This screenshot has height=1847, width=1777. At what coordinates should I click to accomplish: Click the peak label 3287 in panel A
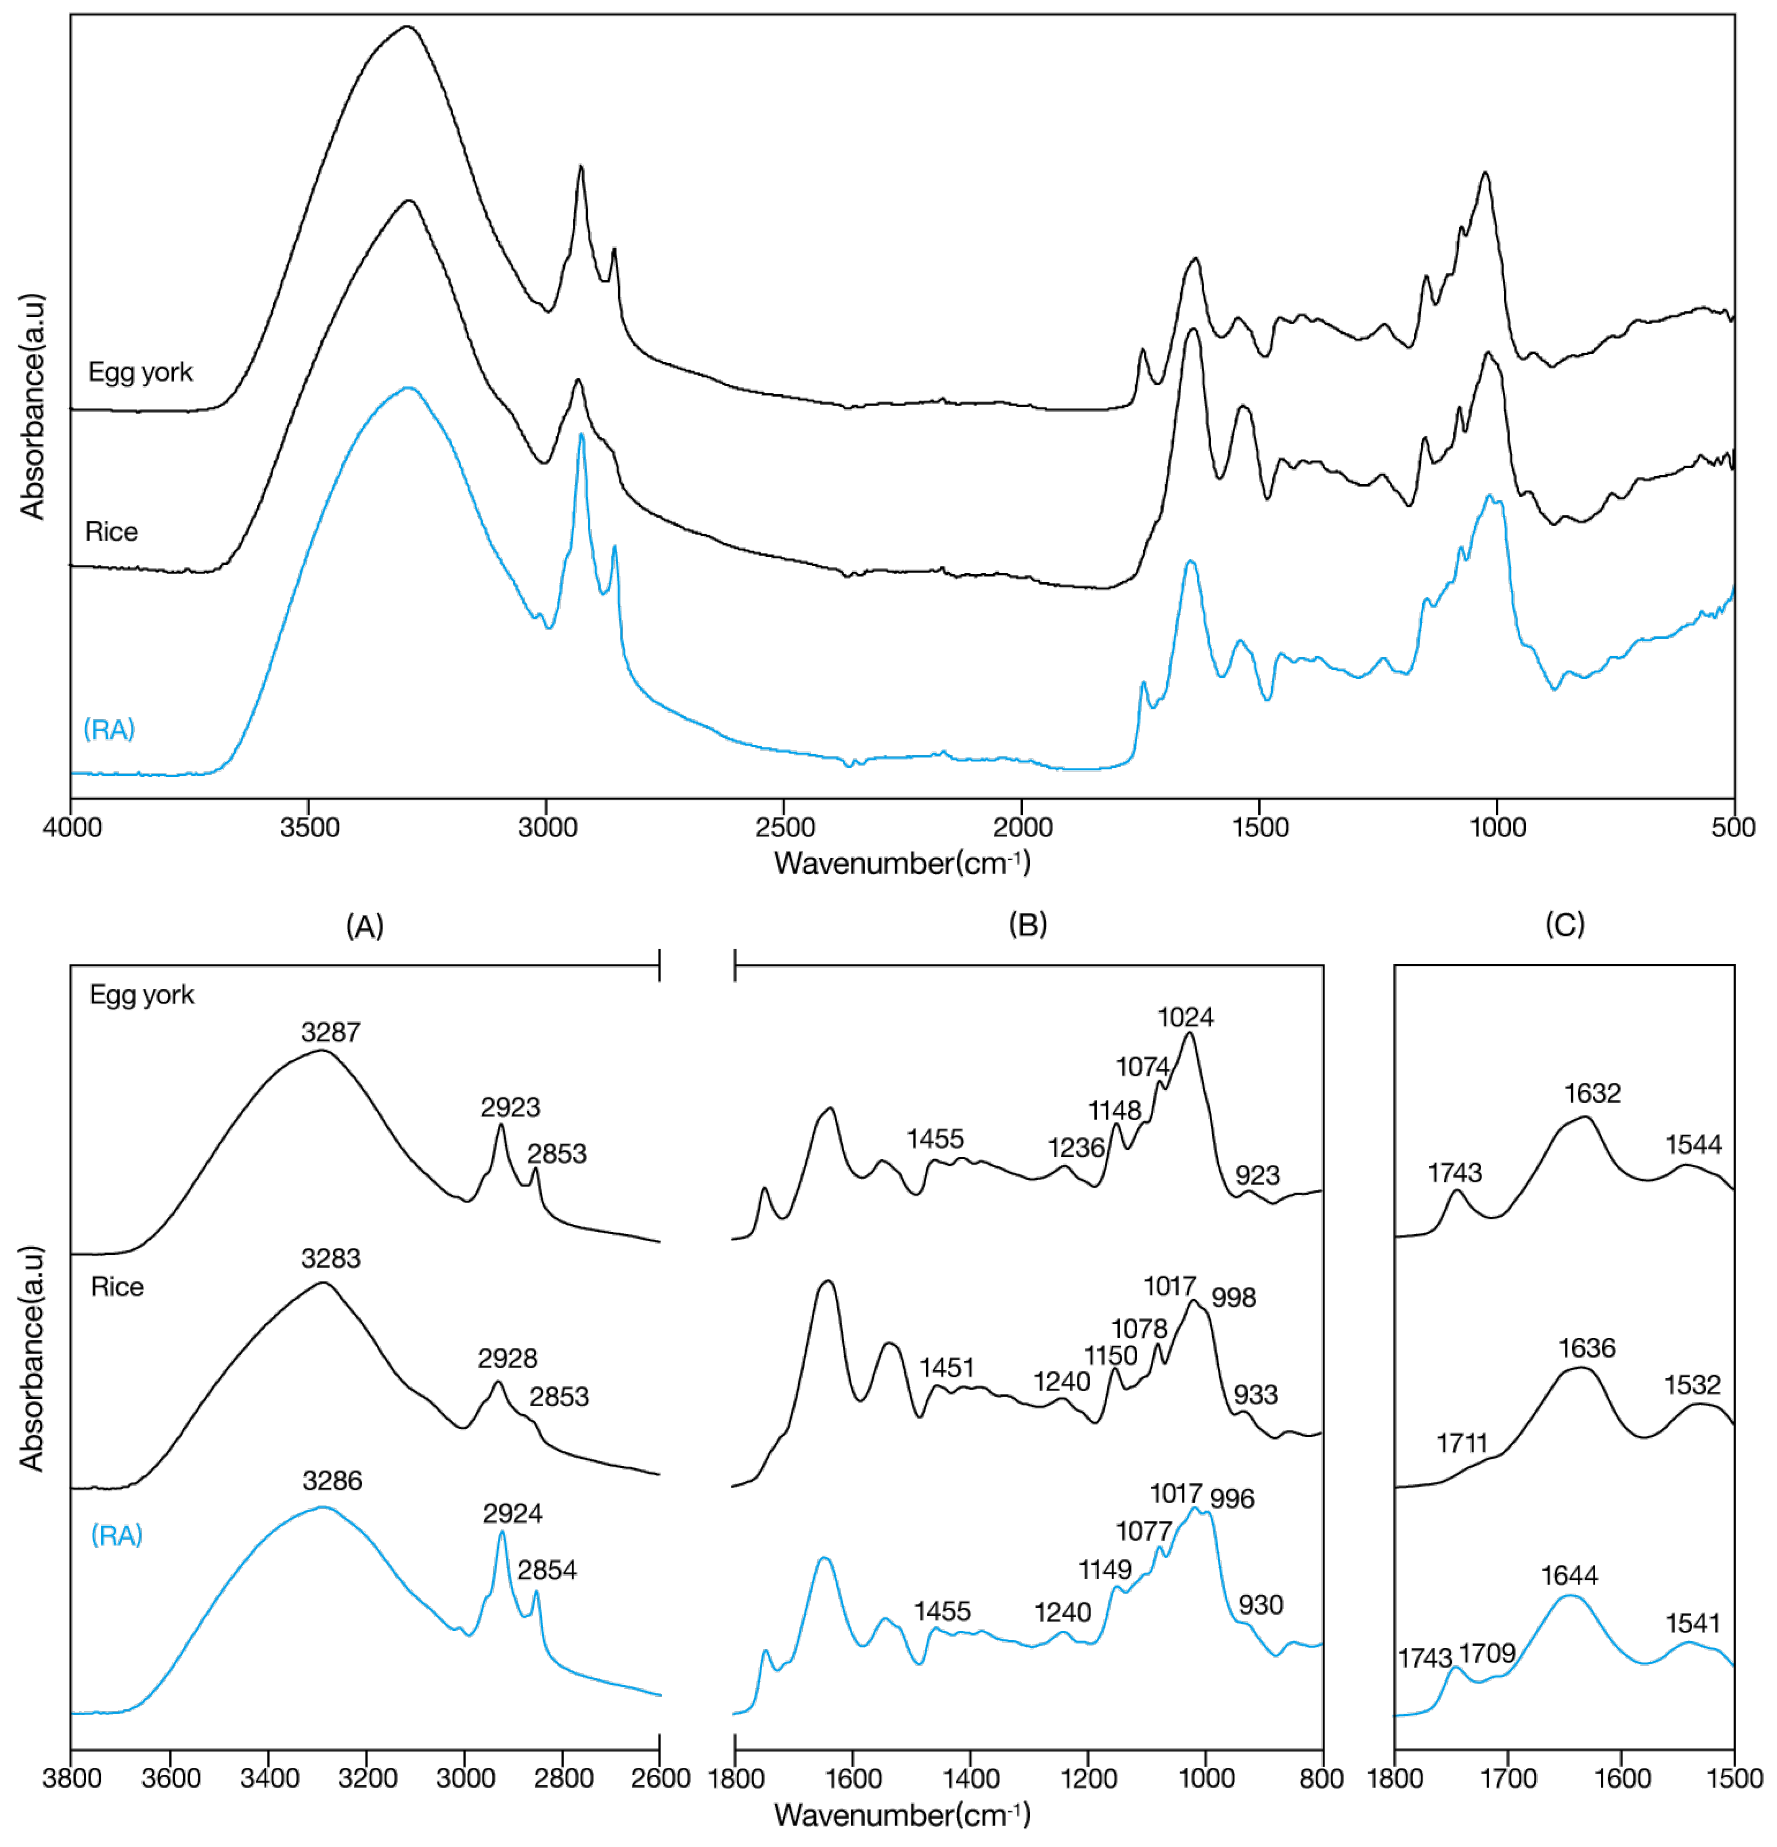click(x=331, y=1032)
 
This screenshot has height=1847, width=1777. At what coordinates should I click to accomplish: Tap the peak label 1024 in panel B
click(x=1185, y=1017)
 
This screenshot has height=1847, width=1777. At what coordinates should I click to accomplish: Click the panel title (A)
click(x=365, y=927)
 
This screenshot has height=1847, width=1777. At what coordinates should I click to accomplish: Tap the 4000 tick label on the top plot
click(x=73, y=827)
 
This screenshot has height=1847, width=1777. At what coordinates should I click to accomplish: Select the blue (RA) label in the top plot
click(x=109, y=729)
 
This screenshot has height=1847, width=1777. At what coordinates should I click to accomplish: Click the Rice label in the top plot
click(x=111, y=532)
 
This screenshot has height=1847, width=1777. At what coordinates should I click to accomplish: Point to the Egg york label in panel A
click(x=141, y=995)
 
